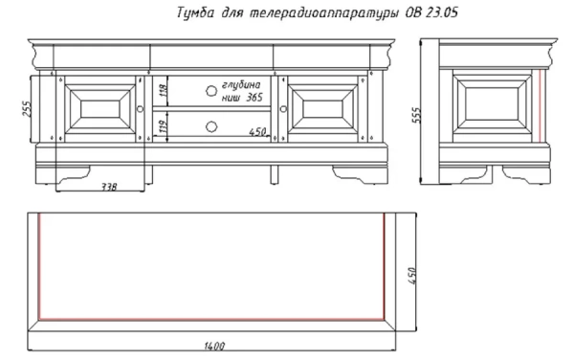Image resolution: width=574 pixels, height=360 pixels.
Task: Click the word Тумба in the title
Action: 196,12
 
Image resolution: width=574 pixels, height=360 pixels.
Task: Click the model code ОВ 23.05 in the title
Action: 431,12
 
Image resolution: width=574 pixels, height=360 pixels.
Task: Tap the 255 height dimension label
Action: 28,109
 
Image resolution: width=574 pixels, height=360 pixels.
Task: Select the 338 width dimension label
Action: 109,187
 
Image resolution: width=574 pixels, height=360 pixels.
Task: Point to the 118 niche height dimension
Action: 164,90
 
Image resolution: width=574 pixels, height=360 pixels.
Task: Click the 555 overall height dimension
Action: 417,115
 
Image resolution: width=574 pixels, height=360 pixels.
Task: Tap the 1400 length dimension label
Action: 214,346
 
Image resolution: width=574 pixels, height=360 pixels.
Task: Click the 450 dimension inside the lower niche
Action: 257,131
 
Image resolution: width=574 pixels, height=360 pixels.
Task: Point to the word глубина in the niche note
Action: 241,85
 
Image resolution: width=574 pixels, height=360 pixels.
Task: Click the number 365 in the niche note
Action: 254,98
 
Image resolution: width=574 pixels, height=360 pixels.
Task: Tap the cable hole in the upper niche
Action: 211,90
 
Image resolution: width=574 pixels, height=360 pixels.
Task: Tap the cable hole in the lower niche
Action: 211,126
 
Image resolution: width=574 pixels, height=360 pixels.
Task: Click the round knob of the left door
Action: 141,109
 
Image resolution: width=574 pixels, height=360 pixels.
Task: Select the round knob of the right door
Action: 283,109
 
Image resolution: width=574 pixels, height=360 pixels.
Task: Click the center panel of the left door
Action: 99,109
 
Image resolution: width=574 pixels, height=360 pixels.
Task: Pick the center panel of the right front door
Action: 322,109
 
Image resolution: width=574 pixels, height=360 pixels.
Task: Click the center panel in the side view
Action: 492,104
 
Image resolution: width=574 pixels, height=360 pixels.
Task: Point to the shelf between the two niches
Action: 211,109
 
